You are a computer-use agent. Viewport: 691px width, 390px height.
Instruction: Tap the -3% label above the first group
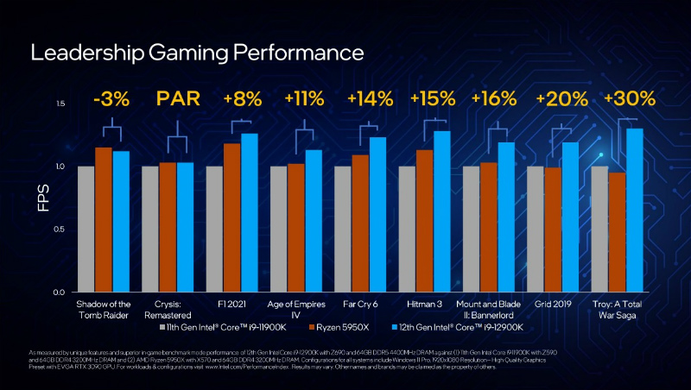(x=111, y=99)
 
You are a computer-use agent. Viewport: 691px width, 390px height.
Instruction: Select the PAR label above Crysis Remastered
(x=175, y=99)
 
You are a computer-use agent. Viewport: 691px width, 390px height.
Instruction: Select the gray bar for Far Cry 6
(x=342, y=230)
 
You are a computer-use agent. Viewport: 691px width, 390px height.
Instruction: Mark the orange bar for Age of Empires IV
(x=295, y=228)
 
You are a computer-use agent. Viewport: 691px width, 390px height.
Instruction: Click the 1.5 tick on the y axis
(x=60, y=104)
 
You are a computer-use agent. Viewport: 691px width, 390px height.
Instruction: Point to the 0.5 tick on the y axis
(x=60, y=230)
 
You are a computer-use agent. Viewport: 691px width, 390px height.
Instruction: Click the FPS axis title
(x=41, y=198)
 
